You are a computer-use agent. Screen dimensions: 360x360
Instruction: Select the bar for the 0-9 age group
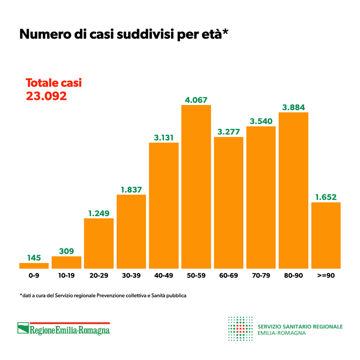34,265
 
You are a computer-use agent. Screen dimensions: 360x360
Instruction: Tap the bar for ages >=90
326,235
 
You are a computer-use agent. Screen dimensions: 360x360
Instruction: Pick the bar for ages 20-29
99,243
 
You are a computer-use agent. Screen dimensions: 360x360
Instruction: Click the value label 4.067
196,100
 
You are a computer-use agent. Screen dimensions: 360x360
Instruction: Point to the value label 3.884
293,107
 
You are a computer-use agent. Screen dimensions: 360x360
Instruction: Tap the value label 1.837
131,190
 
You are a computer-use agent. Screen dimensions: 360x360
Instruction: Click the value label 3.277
228,132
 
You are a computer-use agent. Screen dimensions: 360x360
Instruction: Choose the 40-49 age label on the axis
163,276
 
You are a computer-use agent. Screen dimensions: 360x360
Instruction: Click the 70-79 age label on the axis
261,276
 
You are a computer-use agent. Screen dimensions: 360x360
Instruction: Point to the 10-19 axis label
66,276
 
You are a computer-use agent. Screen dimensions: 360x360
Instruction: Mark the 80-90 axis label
293,276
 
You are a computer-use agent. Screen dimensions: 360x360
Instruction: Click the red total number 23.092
46,96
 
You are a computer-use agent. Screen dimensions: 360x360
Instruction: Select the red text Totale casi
53,83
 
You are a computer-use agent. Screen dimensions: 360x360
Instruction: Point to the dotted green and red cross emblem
240,328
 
